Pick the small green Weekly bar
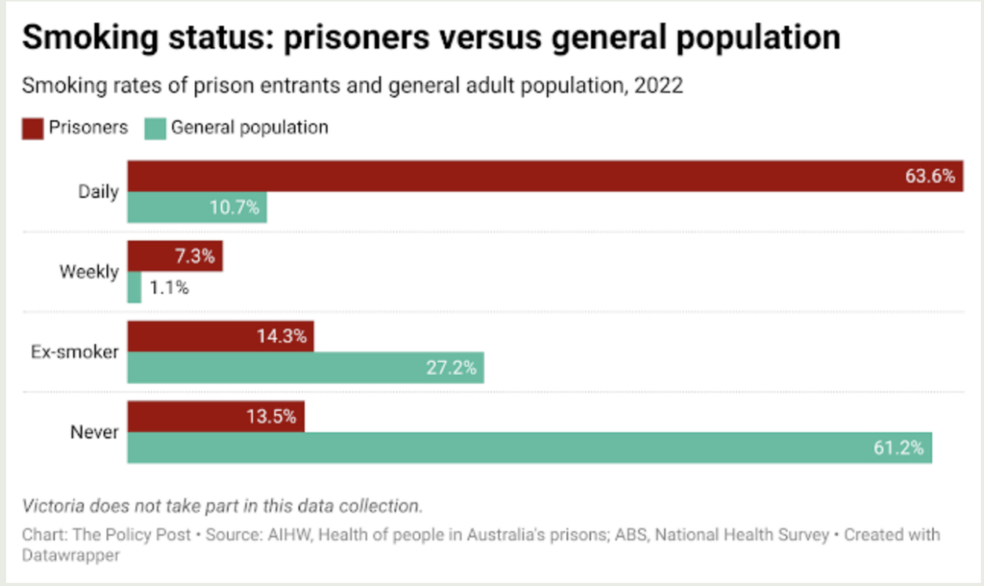click(135, 287)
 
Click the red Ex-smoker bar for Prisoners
click(220, 337)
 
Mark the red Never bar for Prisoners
click(216, 417)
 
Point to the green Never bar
click(529, 448)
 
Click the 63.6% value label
click(930, 177)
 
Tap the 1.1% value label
click(168, 287)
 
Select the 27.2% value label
click(451, 368)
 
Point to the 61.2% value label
click(898, 448)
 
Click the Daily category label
click(98, 191)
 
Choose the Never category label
click(94, 432)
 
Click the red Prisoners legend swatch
click(33, 128)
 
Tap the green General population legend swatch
click(154, 128)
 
